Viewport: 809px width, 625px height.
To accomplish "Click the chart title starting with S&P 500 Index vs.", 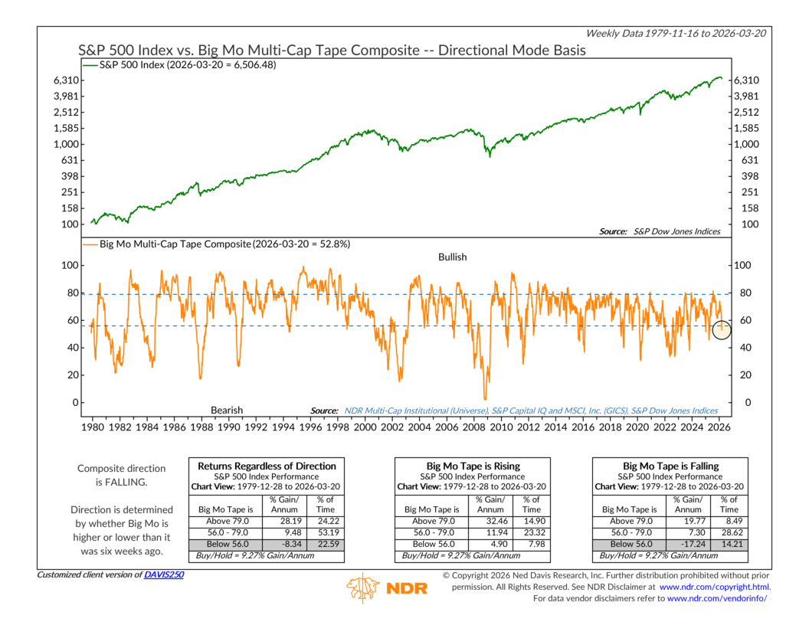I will pyautogui.click(x=332, y=50).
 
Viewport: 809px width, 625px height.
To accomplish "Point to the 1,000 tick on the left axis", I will pyautogui.click(x=68, y=144).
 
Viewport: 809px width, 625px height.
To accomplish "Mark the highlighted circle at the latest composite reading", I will pyautogui.click(x=722, y=329).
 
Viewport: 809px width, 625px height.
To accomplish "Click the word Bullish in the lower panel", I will pyautogui.click(x=452, y=257).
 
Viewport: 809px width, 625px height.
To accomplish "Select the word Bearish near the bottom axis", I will pyautogui.click(x=227, y=411).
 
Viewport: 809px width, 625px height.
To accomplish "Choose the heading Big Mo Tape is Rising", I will pyautogui.click(x=472, y=466).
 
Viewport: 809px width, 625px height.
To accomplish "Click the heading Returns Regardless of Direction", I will pyautogui.click(x=267, y=466).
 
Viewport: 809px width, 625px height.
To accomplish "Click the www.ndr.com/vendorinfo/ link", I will pyautogui.click(x=716, y=598).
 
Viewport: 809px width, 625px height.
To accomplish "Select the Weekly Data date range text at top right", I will pyautogui.click(x=678, y=33).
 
